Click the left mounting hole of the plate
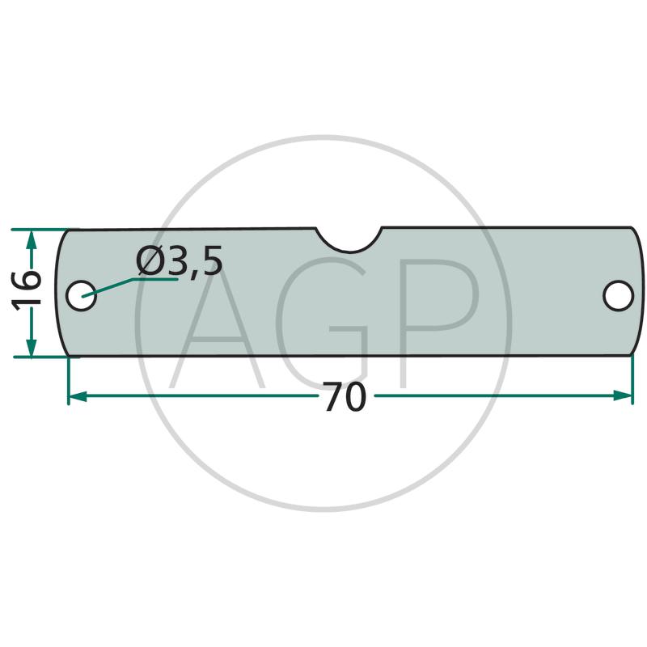click(x=82, y=295)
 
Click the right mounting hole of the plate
click(x=618, y=295)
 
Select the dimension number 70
click(x=345, y=396)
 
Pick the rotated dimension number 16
click(x=27, y=290)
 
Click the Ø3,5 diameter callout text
click(x=179, y=261)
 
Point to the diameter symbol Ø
click(x=150, y=260)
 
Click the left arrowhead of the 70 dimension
click(x=77, y=396)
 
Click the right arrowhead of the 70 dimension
click(x=623, y=395)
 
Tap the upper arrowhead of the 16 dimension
click(x=32, y=239)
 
